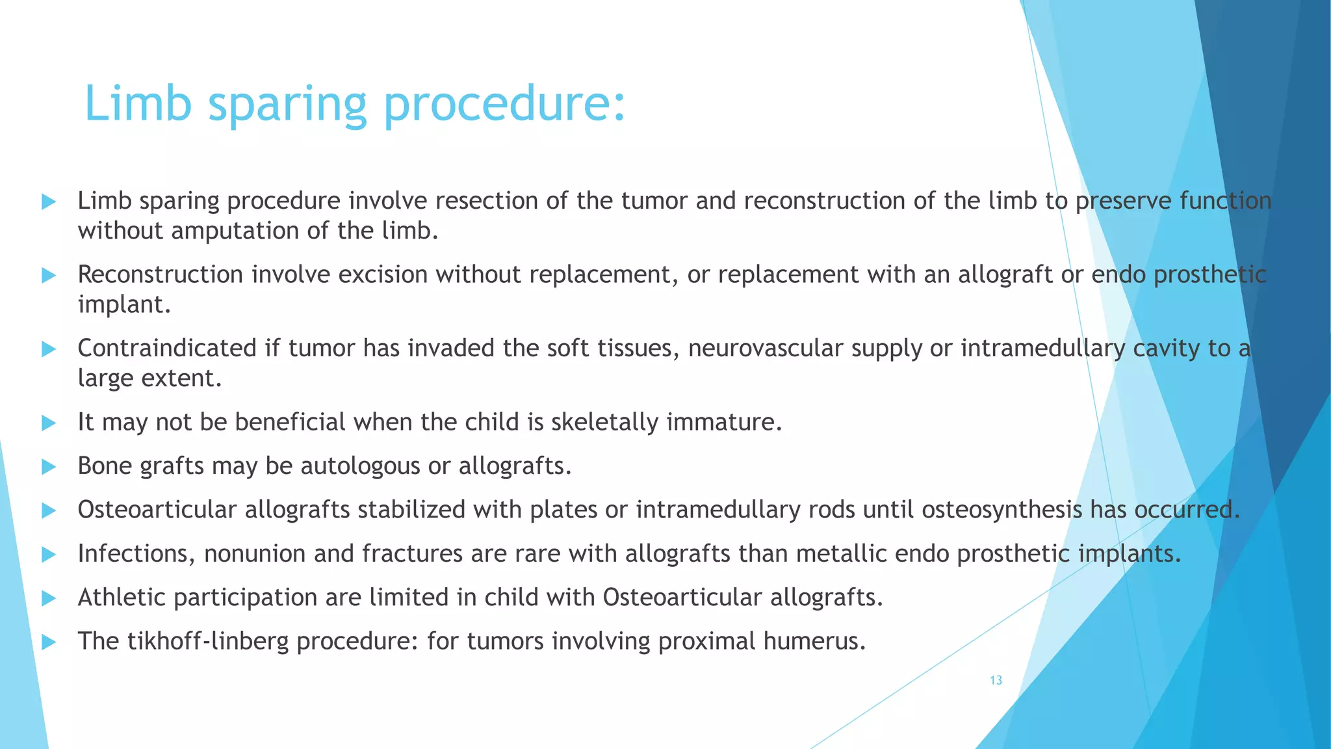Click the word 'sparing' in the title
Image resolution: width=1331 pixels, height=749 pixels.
click(x=287, y=105)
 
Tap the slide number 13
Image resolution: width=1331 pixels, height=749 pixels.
click(x=996, y=681)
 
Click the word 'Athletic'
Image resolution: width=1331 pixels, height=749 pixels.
click(x=122, y=598)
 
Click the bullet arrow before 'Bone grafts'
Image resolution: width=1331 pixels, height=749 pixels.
click(x=49, y=467)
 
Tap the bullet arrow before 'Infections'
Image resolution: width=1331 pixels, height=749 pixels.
click(x=49, y=555)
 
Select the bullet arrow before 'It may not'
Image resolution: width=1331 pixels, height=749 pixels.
click(x=49, y=423)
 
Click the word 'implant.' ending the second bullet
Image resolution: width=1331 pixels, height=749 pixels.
click(x=124, y=304)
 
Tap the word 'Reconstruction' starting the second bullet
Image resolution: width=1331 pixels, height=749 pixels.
click(x=161, y=275)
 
